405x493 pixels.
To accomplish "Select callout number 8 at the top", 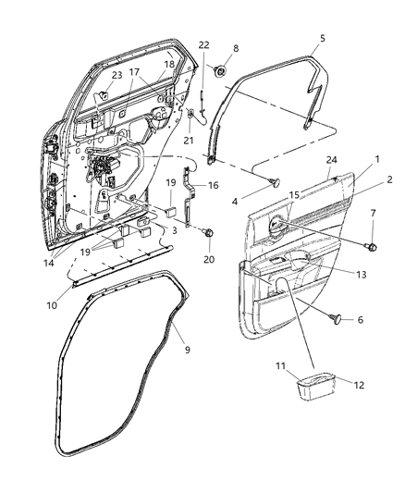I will coord(235,48).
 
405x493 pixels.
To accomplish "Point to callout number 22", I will coord(204,44).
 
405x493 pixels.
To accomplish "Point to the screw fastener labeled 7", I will coord(372,246).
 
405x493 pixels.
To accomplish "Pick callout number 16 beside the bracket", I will coord(213,185).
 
